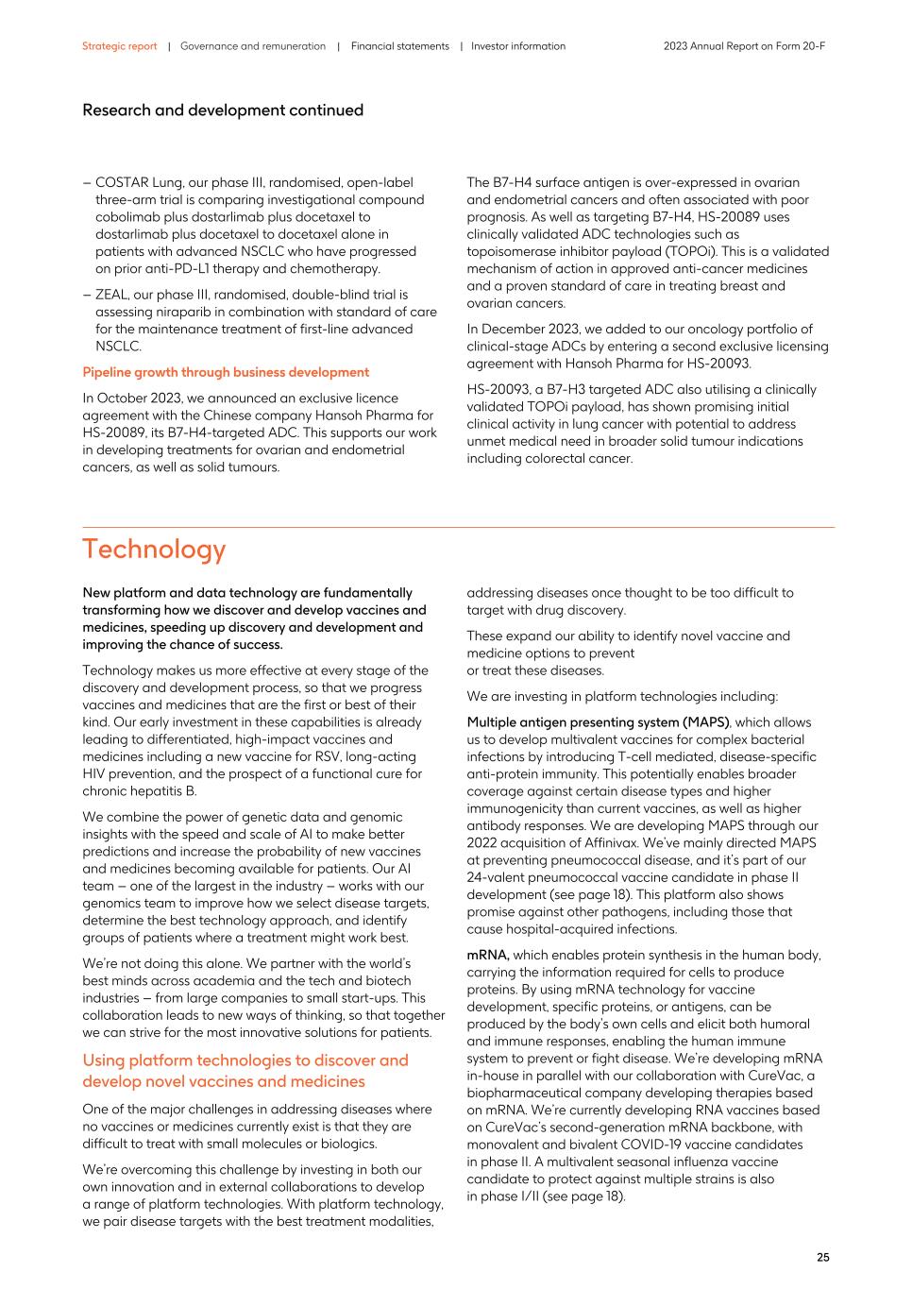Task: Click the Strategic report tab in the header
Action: click(119, 46)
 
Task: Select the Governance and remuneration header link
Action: click(252, 46)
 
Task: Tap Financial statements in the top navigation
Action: click(399, 46)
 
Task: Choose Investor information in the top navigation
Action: click(518, 46)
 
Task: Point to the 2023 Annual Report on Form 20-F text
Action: click(744, 46)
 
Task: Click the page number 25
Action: click(823, 1258)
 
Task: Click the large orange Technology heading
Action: click(154, 550)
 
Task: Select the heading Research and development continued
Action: click(223, 110)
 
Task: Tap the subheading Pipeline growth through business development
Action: click(226, 372)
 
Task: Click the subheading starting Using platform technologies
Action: click(245, 1071)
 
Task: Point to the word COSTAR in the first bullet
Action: click(121, 183)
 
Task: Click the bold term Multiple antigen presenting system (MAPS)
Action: click(598, 722)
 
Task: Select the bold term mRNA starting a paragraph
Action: click(488, 955)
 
